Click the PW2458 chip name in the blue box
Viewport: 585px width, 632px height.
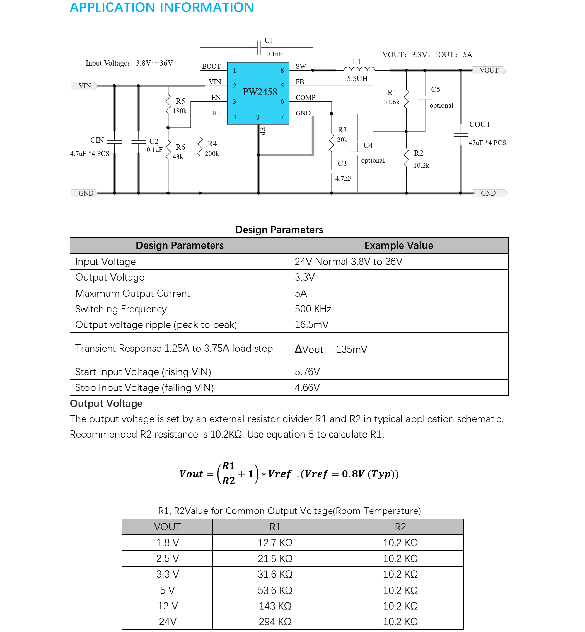[260, 92]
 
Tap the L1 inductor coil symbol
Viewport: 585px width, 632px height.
[359, 69]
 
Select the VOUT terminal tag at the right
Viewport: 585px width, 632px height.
[489, 70]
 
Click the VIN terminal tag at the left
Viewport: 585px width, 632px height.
[84, 86]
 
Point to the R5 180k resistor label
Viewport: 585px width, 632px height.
[180, 106]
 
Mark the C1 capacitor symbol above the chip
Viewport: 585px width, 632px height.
[259, 48]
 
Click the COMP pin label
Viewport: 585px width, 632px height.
[305, 98]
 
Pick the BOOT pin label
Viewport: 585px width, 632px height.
[211, 66]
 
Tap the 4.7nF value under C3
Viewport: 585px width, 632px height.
[343, 178]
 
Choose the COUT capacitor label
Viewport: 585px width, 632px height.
[480, 124]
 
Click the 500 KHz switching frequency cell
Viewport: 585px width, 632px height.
[313, 309]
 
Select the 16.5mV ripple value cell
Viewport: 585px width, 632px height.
[311, 325]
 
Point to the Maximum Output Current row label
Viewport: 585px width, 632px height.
[133, 293]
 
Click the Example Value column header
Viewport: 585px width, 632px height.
[398, 245]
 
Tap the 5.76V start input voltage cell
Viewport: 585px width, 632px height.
[307, 372]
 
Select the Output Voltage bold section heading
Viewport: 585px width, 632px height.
[106, 404]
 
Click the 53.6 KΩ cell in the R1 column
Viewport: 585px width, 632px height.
[275, 590]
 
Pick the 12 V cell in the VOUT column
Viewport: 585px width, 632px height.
[168, 606]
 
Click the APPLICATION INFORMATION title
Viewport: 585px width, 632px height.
[162, 8]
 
